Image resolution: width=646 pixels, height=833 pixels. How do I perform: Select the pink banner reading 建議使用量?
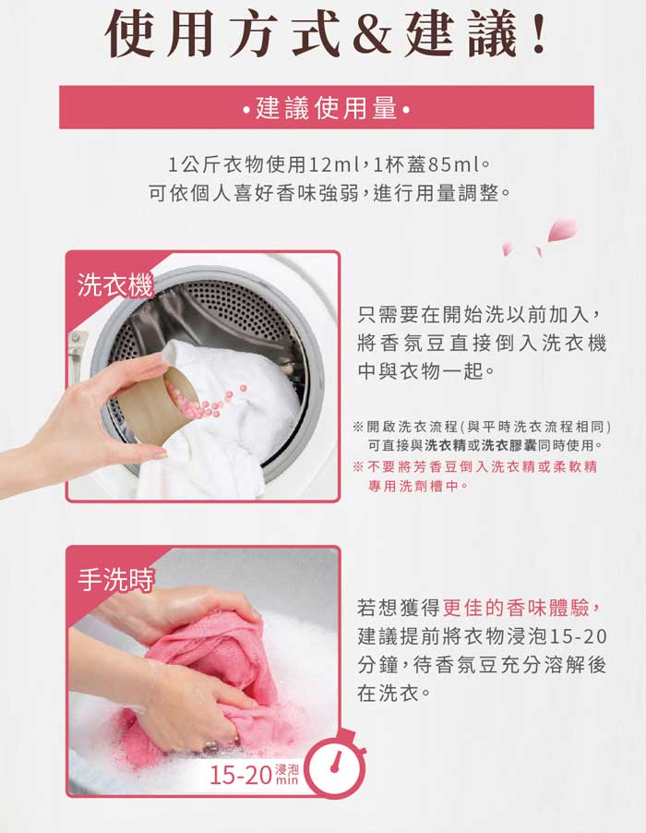click(x=327, y=107)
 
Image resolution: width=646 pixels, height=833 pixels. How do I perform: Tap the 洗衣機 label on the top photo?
click(x=114, y=285)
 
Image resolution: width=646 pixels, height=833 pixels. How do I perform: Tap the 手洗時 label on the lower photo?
click(x=115, y=579)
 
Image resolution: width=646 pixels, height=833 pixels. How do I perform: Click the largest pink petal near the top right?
click(x=562, y=229)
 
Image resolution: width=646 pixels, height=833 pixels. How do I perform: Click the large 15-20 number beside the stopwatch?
click(x=241, y=775)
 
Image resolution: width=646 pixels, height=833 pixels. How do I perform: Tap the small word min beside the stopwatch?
click(x=287, y=780)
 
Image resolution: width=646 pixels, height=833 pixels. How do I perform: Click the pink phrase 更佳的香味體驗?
click(x=516, y=608)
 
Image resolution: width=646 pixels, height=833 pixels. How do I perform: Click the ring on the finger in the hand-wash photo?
click(x=210, y=747)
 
